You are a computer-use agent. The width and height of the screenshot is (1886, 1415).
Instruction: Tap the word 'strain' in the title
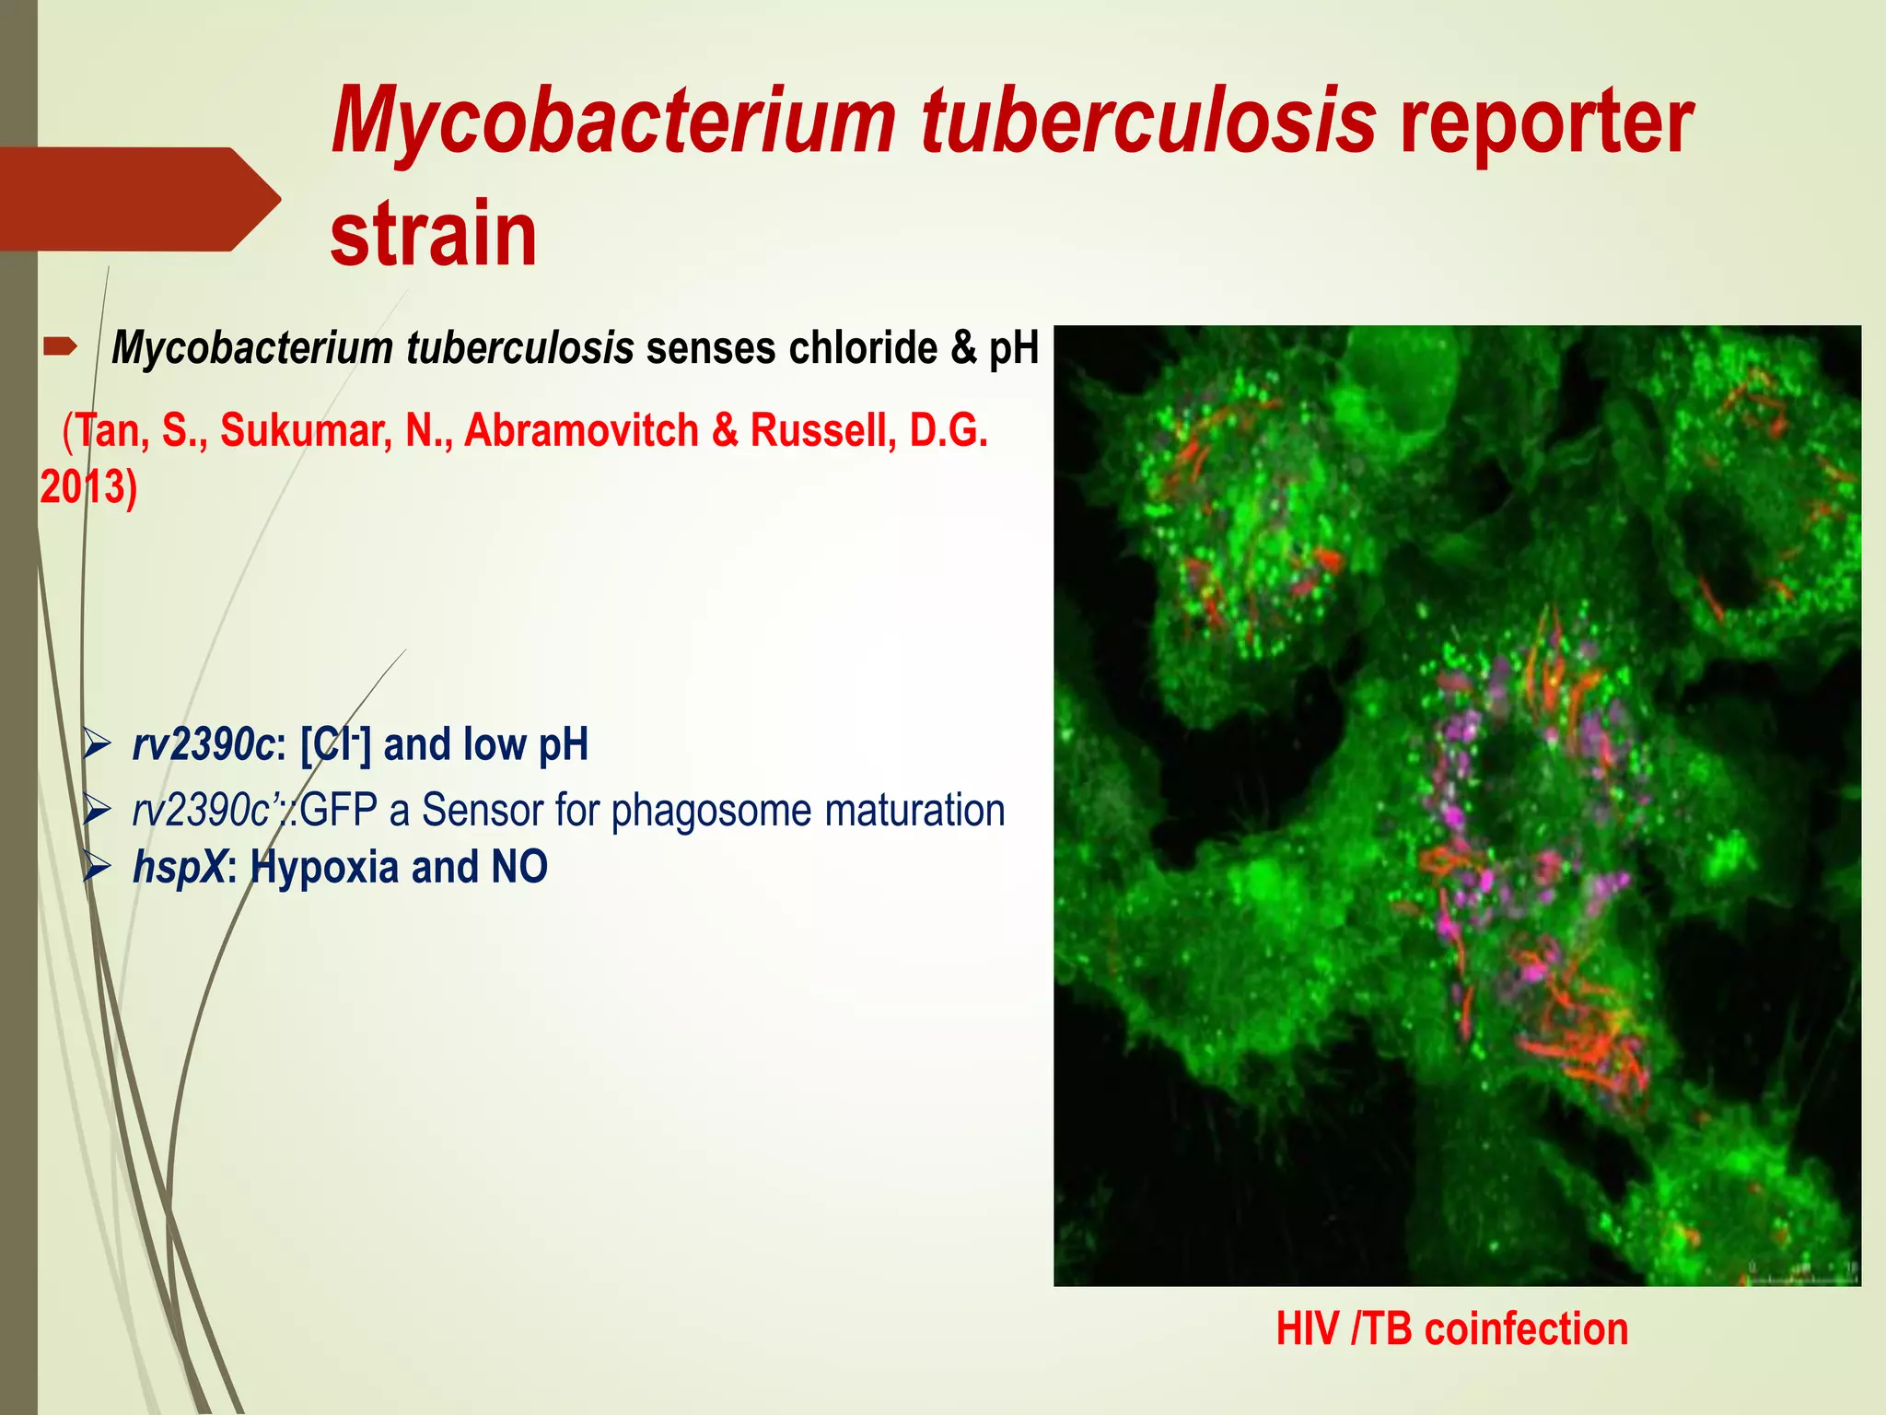pos(433,236)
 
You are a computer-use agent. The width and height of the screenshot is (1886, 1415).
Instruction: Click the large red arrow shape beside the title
pos(138,199)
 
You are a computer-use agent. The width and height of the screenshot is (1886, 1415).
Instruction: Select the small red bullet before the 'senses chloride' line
pos(61,347)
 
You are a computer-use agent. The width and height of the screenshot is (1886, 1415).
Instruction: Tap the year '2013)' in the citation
pos(88,486)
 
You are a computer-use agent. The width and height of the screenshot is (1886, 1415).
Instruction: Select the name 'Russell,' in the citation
pos(824,431)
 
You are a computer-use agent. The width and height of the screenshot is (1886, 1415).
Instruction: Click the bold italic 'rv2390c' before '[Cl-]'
pos(203,744)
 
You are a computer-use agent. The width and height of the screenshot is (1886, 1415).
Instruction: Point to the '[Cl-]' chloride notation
pos(335,744)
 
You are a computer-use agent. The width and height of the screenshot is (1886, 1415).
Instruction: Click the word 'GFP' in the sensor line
pos(339,811)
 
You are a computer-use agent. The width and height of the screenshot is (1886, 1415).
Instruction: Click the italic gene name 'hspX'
pos(178,867)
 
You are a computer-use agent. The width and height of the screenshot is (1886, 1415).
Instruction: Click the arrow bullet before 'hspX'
pos(97,867)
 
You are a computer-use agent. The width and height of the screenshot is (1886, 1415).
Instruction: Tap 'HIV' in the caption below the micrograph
pos(1307,1329)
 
